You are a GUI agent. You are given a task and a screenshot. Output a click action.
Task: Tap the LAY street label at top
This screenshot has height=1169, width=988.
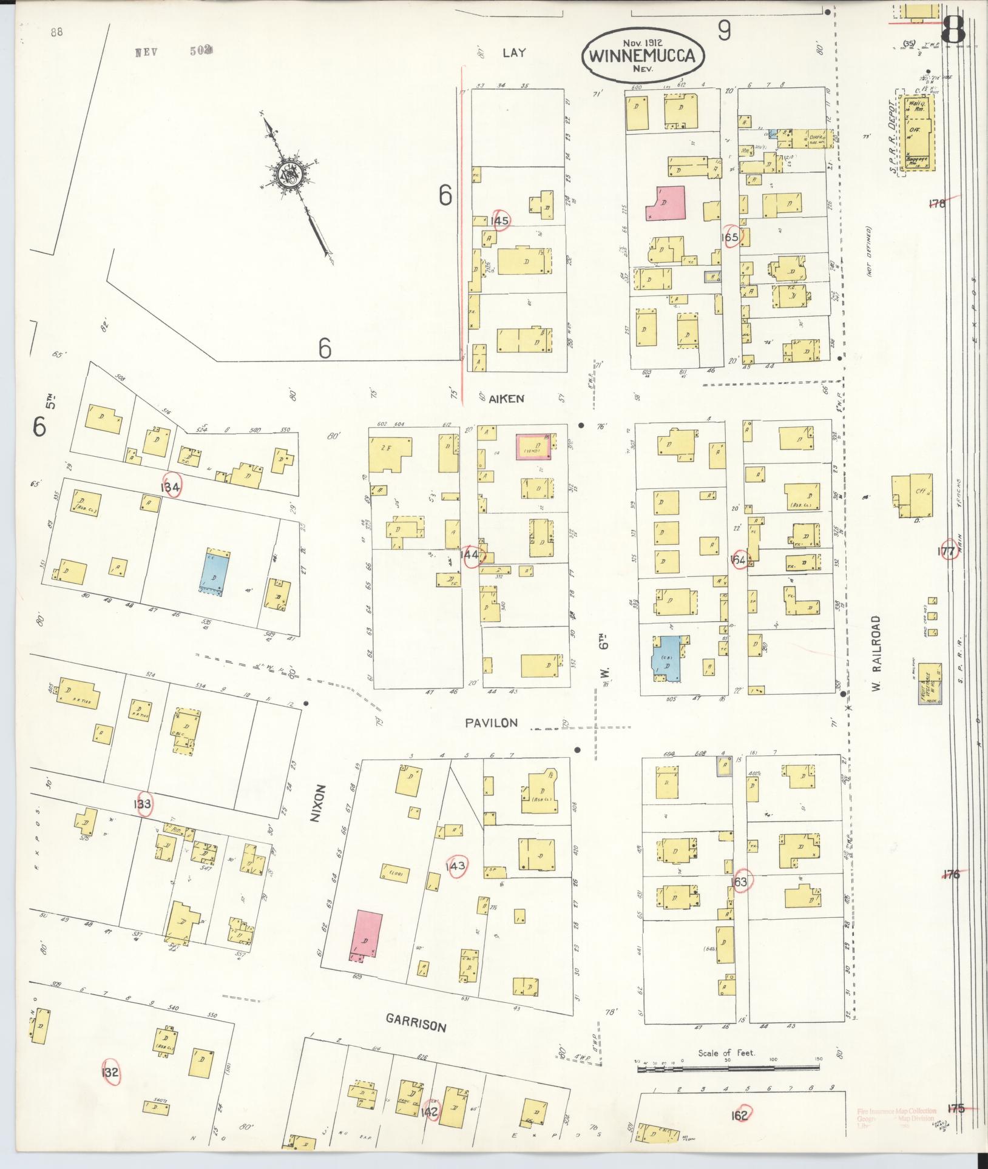tap(513, 53)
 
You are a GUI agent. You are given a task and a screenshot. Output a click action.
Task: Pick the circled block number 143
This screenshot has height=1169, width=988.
tap(456, 866)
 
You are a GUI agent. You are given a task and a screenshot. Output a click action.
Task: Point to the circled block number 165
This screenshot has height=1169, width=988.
tap(731, 237)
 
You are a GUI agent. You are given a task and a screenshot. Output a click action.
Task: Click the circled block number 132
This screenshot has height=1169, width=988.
tap(111, 1073)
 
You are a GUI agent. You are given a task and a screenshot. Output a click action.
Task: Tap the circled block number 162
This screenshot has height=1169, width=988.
tap(740, 1114)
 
